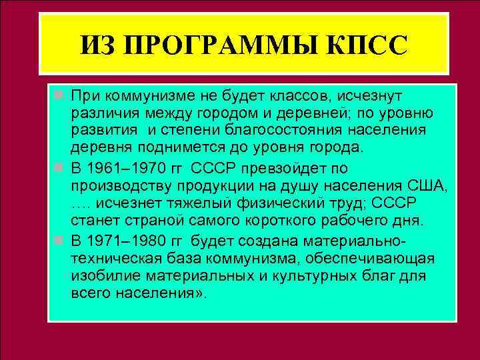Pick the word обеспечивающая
tap(361, 257)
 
